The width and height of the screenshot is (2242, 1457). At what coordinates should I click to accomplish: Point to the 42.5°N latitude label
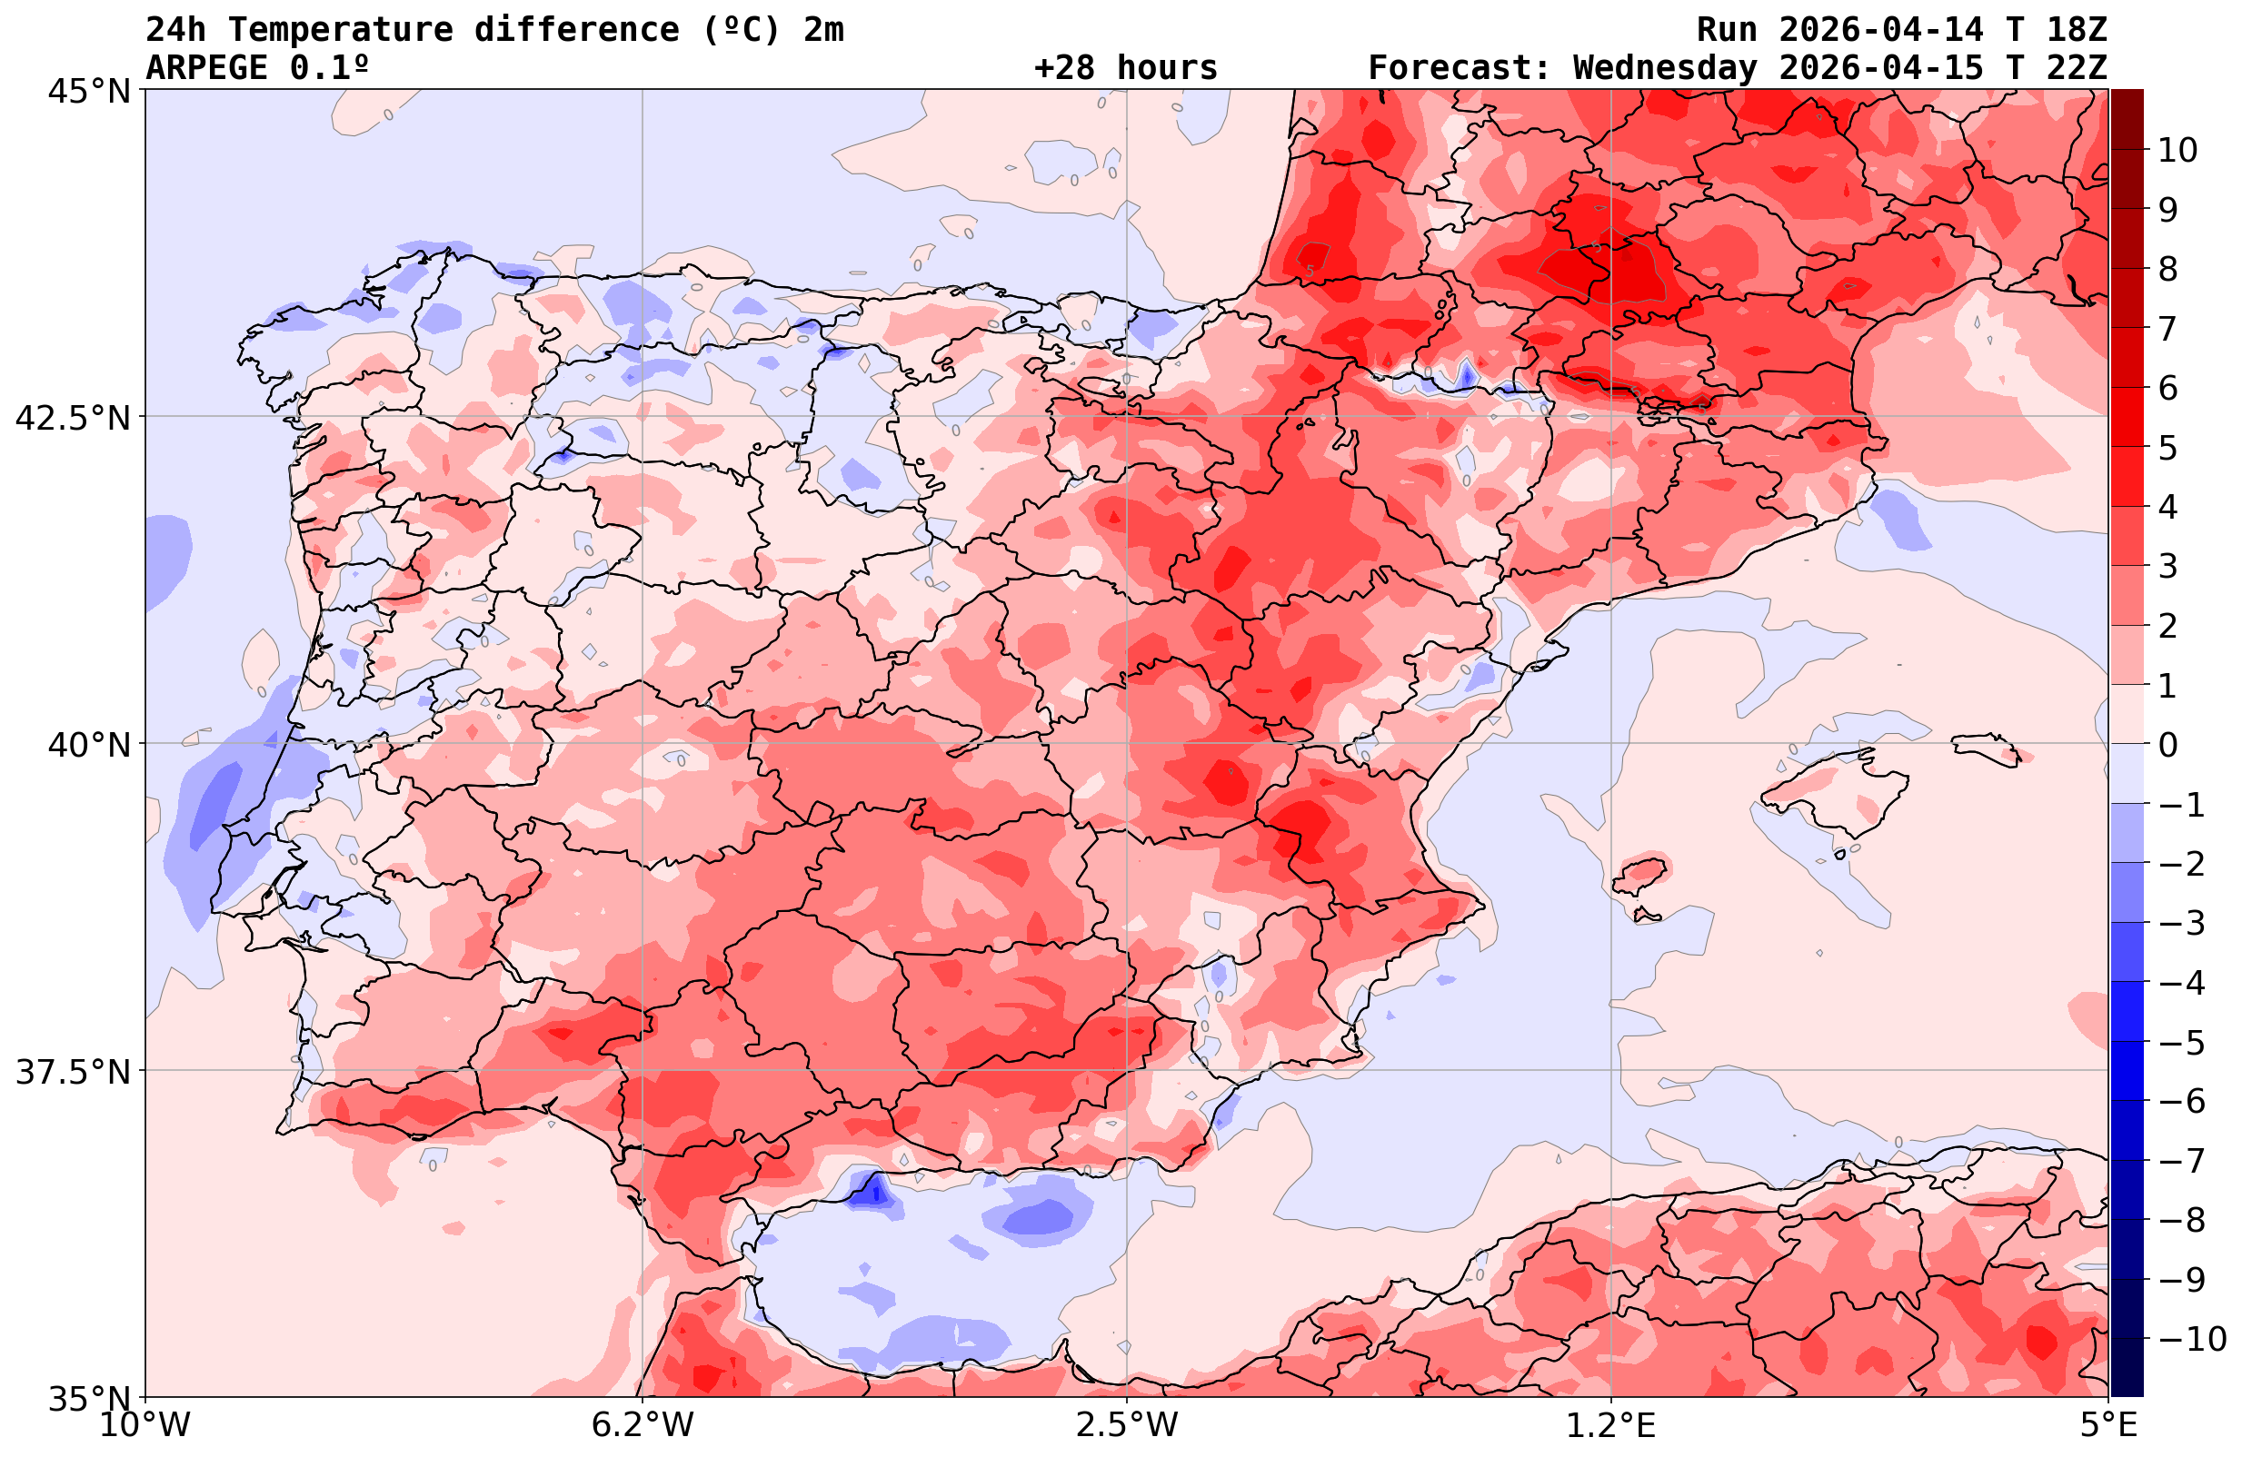(73, 417)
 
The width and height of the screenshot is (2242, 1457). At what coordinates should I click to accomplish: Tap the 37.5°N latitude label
(73, 1072)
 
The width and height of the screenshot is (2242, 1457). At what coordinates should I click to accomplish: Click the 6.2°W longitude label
(643, 1425)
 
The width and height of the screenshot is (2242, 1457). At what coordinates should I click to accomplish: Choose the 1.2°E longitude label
(1611, 1425)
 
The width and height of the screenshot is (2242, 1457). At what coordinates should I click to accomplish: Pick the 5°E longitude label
(2108, 1425)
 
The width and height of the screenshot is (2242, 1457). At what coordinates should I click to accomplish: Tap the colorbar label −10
(2191, 1338)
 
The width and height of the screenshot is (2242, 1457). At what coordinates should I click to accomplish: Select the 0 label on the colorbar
(2167, 745)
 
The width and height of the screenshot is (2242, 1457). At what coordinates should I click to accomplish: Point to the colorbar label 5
(2167, 448)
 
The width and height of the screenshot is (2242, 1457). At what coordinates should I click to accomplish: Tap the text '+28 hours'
(1125, 68)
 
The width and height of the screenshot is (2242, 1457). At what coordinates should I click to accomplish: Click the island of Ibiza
(1640, 873)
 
